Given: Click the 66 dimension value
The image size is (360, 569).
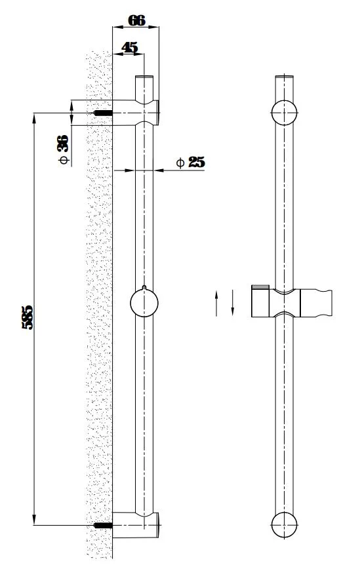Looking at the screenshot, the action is (137, 20).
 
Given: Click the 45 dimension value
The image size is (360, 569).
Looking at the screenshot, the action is (130, 47).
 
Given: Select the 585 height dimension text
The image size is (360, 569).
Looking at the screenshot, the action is (28, 318).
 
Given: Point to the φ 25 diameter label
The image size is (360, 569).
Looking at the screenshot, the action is (191, 162).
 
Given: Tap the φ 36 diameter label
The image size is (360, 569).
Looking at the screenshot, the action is (63, 149).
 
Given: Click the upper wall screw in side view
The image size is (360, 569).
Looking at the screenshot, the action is (103, 113).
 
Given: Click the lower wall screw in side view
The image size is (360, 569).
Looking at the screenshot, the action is (103, 525).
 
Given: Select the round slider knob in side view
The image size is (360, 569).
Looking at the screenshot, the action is (144, 303).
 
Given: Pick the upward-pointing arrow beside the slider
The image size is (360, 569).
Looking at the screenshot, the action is (216, 303).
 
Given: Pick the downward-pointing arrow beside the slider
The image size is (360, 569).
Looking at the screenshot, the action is (232, 303).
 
